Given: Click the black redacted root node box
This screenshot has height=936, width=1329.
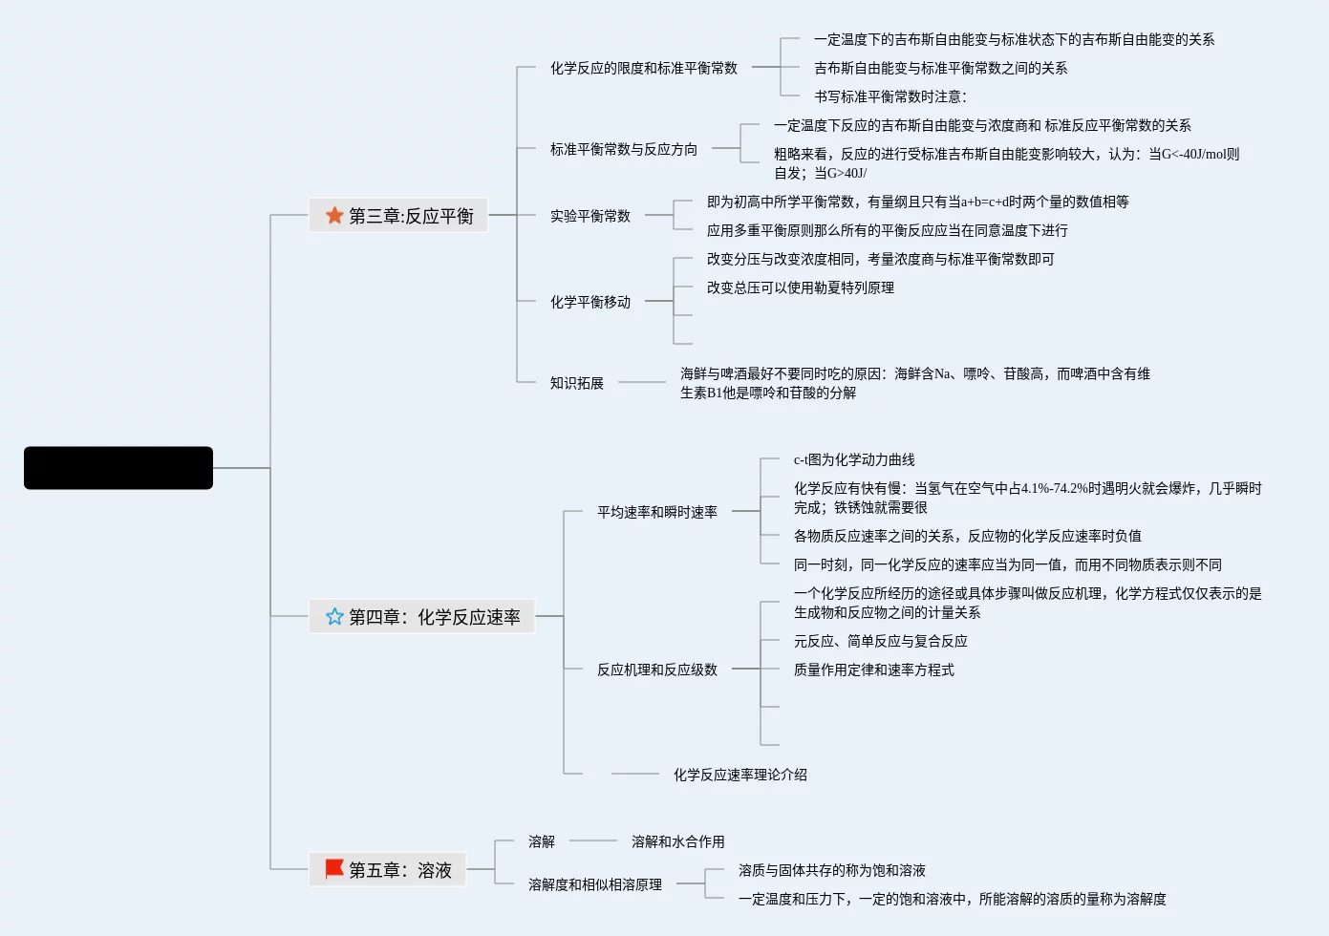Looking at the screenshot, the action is (x=118, y=468).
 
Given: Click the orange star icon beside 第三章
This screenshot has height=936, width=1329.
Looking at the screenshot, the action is (x=334, y=216).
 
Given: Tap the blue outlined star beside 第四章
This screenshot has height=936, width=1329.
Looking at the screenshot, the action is (x=334, y=617).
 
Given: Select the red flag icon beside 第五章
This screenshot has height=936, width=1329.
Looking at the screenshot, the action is (x=334, y=869).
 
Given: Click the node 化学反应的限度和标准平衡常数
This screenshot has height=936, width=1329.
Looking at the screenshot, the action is (x=643, y=68).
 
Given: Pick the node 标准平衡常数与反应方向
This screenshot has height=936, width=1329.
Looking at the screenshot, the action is (x=623, y=149).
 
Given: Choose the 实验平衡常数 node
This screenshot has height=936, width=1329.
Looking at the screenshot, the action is (x=589, y=216).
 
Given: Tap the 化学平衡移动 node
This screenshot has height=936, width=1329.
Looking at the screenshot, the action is (x=589, y=302).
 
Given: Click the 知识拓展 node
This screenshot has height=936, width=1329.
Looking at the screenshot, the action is (x=576, y=383).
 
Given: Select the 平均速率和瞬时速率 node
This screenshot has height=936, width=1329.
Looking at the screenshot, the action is (x=656, y=512).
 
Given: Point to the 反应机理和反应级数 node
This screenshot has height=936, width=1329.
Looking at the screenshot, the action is (x=656, y=670).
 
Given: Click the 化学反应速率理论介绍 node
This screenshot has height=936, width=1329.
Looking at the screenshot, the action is (x=740, y=775).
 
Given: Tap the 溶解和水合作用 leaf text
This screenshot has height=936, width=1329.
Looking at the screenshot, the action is (x=677, y=841).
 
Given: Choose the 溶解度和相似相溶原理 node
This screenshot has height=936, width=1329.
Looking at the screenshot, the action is (x=594, y=884).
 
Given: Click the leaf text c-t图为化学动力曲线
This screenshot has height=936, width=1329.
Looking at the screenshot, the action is (x=853, y=459).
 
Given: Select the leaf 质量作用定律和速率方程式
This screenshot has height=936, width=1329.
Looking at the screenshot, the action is (x=873, y=670).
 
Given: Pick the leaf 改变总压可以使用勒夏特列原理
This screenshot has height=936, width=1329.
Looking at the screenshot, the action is (x=800, y=287).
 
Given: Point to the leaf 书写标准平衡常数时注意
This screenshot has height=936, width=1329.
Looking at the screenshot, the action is (x=890, y=96).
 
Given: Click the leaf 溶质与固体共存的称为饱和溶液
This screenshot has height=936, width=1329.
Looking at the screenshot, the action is (x=831, y=870).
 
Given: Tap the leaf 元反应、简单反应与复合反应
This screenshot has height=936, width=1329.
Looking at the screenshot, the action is (x=880, y=641).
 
